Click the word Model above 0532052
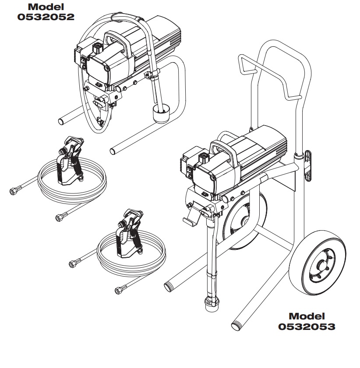click(x=46, y=7)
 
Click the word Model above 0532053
click(x=307, y=316)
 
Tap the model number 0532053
click(x=307, y=326)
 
